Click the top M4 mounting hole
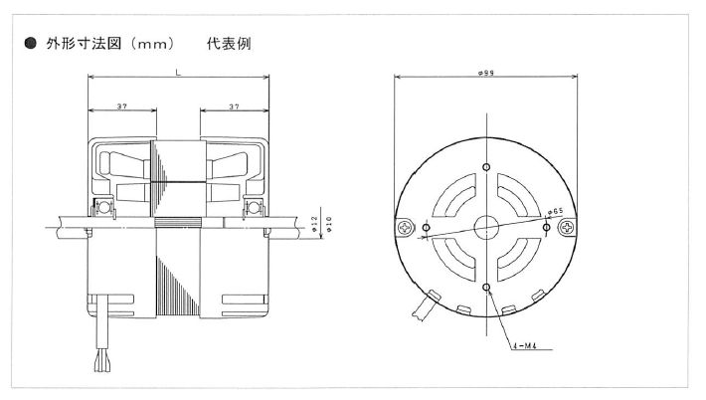point(486,166)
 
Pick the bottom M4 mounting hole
point(486,288)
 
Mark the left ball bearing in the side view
point(101,210)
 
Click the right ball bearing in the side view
point(255,210)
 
